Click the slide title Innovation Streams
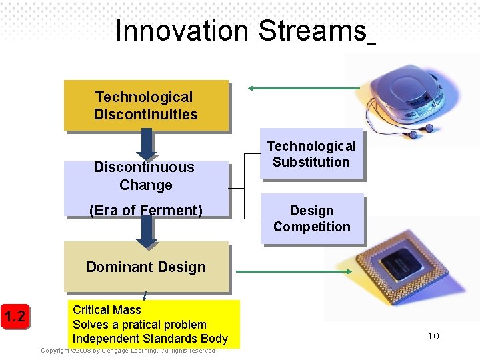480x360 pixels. pyautogui.click(x=241, y=31)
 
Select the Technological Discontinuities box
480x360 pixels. pyautogui.click(x=146, y=105)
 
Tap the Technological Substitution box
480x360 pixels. pyautogui.click(x=311, y=154)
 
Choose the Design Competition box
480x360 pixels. pyautogui.click(x=311, y=219)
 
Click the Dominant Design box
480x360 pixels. pyautogui.click(x=146, y=267)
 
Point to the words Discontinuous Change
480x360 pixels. pyautogui.click(x=144, y=176)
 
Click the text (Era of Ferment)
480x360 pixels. pyautogui.click(x=146, y=211)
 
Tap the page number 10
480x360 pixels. pyautogui.click(x=433, y=336)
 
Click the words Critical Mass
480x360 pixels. pyautogui.click(x=107, y=310)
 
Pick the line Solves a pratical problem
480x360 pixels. pyautogui.click(x=139, y=325)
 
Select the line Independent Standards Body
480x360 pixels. pyautogui.click(x=150, y=339)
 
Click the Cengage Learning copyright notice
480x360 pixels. pyautogui.click(x=128, y=351)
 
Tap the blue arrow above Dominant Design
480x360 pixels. pyautogui.click(x=146, y=230)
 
